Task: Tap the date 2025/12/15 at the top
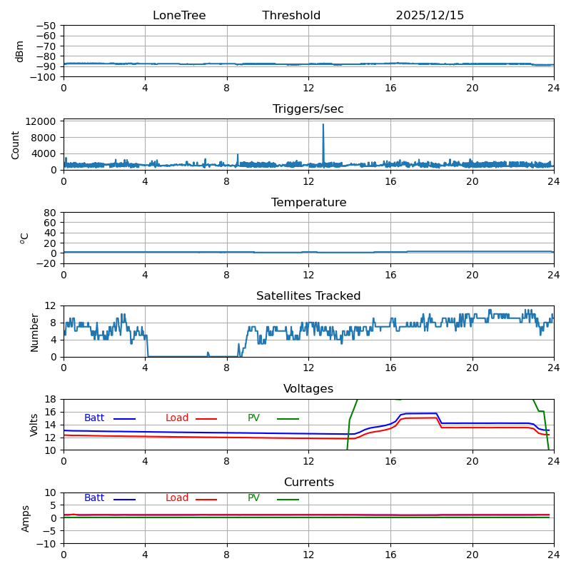430,16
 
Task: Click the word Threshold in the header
291,16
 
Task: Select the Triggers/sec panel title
308,109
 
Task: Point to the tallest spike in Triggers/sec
323,125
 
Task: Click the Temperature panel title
308,203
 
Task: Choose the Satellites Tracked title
308,296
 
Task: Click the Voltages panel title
308,389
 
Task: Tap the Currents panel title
308,482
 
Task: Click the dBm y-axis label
20,51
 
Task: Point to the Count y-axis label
16,144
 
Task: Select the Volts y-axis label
34,425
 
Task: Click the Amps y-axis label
26,518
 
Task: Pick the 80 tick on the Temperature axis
51,213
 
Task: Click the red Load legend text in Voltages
177,418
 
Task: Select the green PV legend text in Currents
253,498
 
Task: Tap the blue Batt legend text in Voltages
94,418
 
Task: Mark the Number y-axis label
34,332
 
